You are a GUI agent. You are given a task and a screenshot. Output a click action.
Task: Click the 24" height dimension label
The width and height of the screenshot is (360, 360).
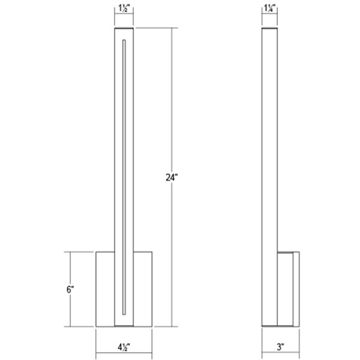(172, 178)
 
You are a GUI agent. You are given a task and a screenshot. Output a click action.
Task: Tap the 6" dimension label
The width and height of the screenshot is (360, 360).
(70, 290)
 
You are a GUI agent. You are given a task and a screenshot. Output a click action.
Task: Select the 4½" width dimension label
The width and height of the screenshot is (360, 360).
(124, 347)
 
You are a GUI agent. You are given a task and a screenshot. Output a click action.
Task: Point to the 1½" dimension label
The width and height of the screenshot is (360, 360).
(124, 8)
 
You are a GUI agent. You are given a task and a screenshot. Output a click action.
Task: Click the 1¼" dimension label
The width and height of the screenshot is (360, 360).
(270, 8)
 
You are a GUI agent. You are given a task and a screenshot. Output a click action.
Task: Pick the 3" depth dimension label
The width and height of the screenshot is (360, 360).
(281, 347)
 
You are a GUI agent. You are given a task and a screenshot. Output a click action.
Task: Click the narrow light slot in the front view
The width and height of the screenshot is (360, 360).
(124, 177)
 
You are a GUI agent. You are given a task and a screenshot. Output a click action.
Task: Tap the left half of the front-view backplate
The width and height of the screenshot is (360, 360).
(105, 289)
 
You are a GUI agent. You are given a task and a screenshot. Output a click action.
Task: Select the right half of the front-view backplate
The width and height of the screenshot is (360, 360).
(143, 289)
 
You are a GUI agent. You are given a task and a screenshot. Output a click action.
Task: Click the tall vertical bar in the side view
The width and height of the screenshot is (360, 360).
(269, 177)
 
